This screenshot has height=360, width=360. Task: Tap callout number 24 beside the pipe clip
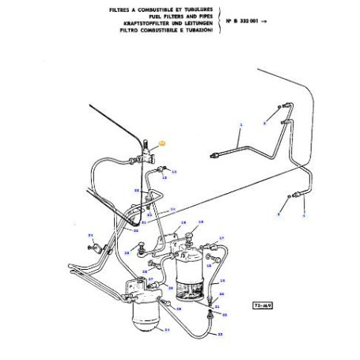click(x=91, y=236)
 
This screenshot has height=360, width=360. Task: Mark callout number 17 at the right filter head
click(x=222, y=237)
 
